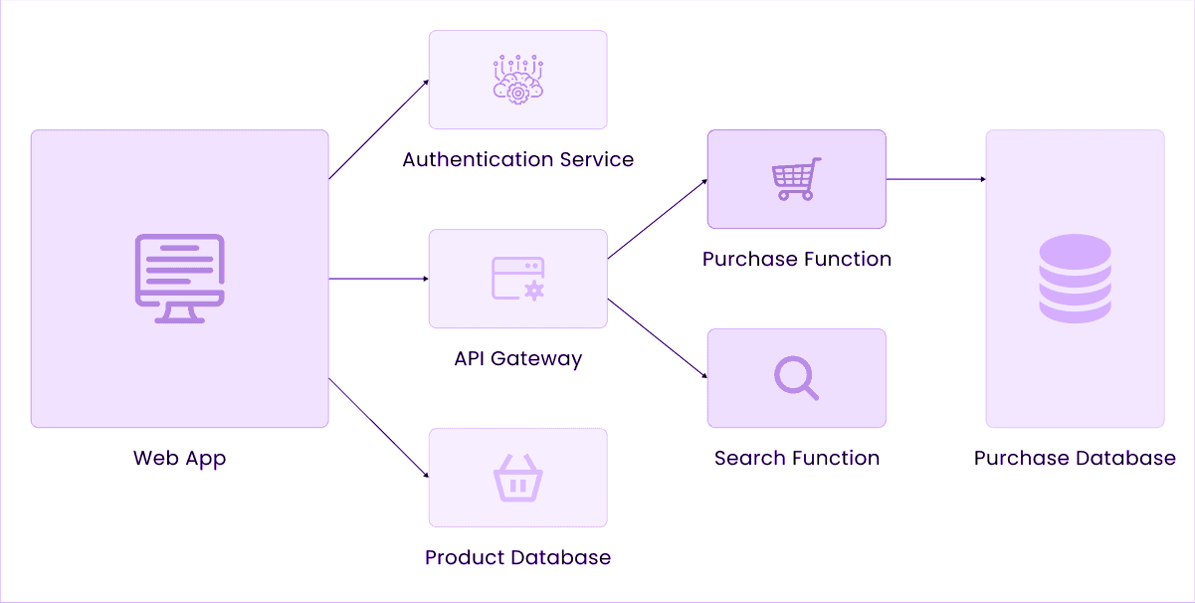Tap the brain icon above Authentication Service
pos(517,80)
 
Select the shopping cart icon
pos(796,179)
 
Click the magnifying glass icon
pos(796,378)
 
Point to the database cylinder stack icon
pos(1075,279)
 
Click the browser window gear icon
pos(517,279)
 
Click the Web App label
pos(179,459)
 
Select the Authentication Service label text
pos(517,159)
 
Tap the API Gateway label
pos(517,358)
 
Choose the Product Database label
pos(517,557)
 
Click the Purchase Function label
pos(796,259)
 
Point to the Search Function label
pos(796,458)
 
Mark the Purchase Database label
pos(1075,458)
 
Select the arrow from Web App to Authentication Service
pos(378,129)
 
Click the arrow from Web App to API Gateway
pos(378,279)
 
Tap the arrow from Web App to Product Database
pos(378,428)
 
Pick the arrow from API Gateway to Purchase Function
pos(657,219)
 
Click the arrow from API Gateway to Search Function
pos(657,338)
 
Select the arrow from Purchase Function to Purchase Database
pos(935,179)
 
